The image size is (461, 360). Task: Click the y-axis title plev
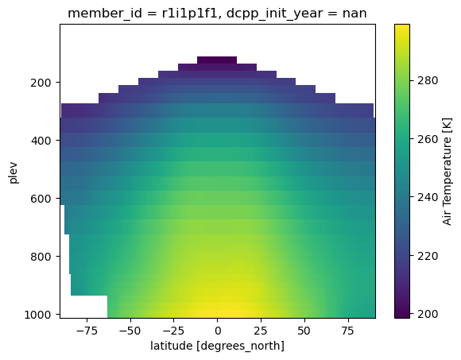coord(14,171)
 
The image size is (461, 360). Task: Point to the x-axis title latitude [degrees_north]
coord(217,346)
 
